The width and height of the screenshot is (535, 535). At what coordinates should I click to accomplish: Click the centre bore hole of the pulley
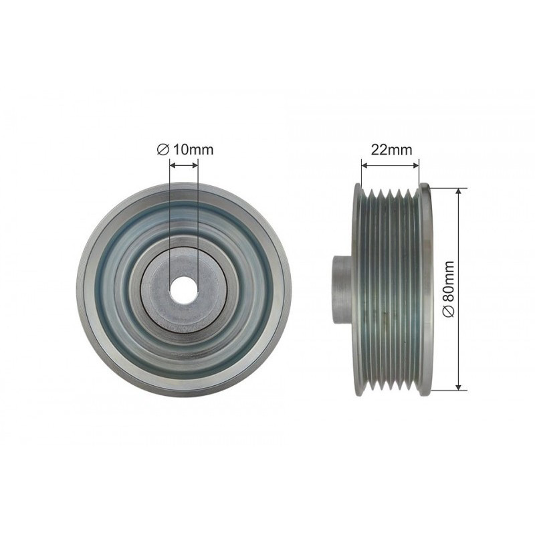click(x=184, y=290)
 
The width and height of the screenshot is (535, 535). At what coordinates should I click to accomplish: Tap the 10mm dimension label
click(x=193, y=149)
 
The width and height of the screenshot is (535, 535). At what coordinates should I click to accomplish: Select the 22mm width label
click(x=391, y=149)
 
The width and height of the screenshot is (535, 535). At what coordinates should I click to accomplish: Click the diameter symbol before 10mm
click(x=163, y=150)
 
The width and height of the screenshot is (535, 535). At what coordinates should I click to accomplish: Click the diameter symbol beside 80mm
click(x=449, y=311)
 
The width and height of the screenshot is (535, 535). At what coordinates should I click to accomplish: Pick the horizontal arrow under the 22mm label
click(x=390, y=165)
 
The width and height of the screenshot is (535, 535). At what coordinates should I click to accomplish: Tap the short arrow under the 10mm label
click(x=184, y=165)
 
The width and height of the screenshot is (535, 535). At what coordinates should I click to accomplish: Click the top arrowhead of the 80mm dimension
click(x=459, y=191)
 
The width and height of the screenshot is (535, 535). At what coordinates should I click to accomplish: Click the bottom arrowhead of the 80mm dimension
click(x=459, y=386)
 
